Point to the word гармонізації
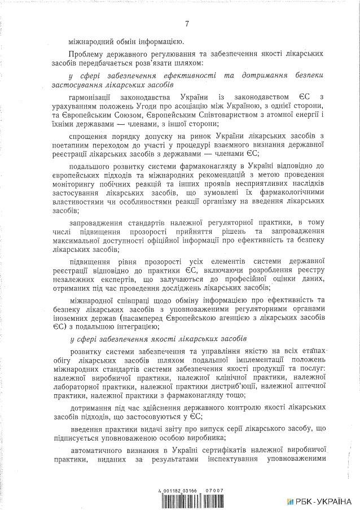click(x=92, y=98)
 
